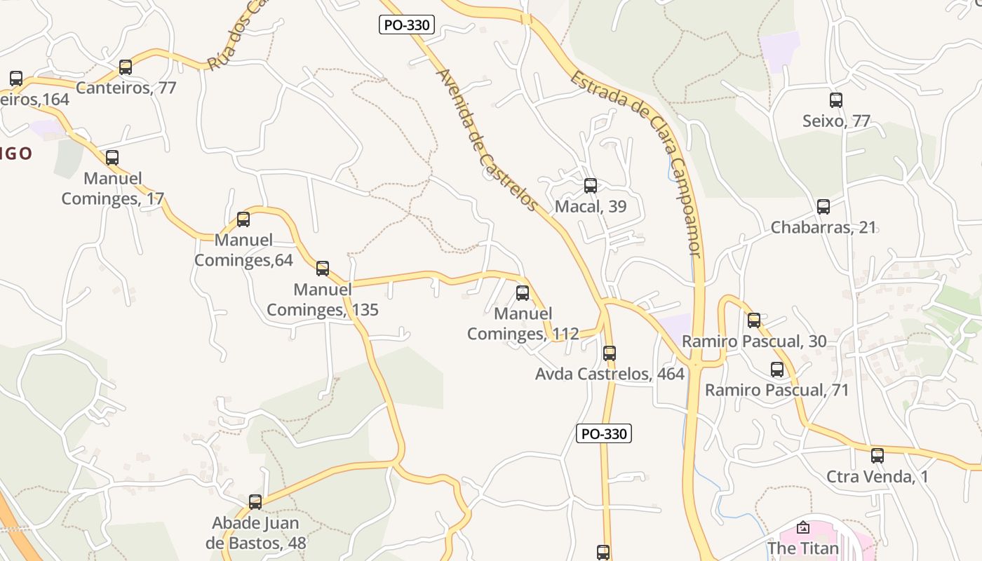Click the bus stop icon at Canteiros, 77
[126, 67]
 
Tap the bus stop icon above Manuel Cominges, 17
[112, 158]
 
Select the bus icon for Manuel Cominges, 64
[243, 219]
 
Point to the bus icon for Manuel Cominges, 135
[323, 269]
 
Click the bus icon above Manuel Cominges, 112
[523, 293]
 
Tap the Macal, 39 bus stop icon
[591, 186]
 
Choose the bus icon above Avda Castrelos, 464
[610, 353]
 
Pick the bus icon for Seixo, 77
[836, 100]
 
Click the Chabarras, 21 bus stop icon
[823, 207]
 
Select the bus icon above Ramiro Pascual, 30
[754, 320]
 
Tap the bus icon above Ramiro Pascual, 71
[777, 370]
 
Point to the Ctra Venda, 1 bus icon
[877, 456]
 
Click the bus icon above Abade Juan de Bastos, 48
[255, 502]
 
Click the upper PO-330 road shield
[408, 25]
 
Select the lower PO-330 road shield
[604, 433]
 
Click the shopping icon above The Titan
[803, 527]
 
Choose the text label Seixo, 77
[836, 121]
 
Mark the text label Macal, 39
[591, 207]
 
